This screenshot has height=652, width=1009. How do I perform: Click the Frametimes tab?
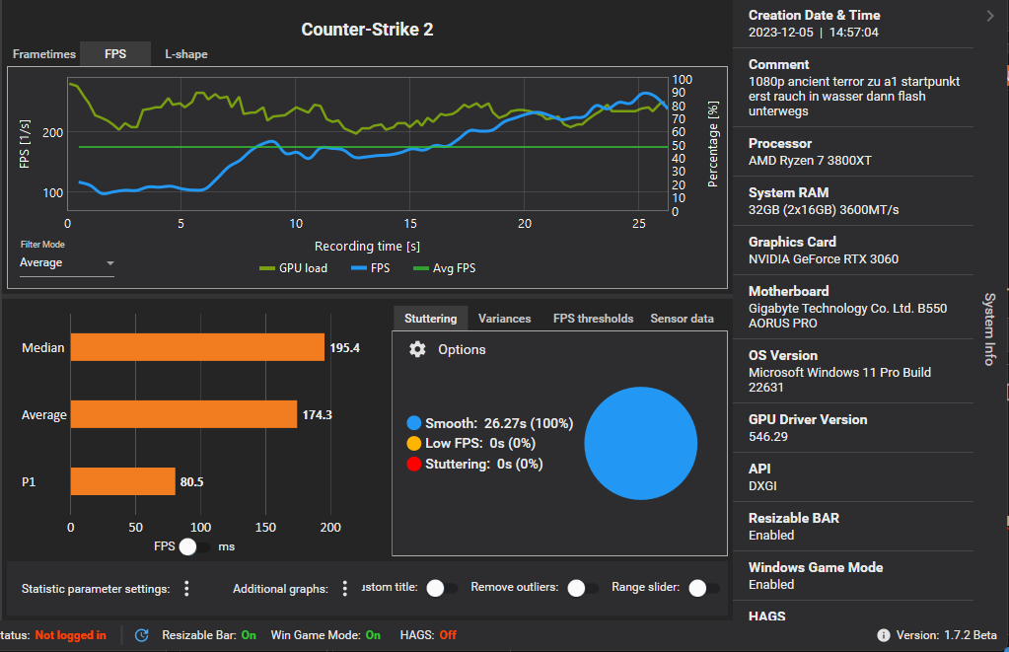point(44,54)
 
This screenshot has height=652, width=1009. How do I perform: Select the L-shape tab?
point(185,54)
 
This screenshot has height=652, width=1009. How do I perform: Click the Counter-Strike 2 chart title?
point(367,30)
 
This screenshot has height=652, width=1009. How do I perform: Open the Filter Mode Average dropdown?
point(67,263)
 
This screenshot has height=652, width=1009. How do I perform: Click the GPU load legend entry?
point(293,267)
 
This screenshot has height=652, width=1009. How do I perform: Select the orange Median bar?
point(197,347)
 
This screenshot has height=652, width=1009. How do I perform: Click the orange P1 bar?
point(122,481)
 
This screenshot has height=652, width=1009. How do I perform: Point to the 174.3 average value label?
point(317,414)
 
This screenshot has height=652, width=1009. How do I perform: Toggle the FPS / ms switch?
point(195,545)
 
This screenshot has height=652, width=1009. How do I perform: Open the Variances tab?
point(504,319)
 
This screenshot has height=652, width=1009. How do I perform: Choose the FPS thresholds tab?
point(593,319)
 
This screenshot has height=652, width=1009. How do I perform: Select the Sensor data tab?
point(682,319)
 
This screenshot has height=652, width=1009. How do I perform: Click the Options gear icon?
point(417,349)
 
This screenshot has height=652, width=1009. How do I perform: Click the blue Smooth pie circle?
point(648,443)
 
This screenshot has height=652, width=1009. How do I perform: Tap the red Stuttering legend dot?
point(414,464)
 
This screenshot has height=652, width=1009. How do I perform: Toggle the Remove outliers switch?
point(583,588)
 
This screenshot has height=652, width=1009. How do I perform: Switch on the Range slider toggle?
point(703,588)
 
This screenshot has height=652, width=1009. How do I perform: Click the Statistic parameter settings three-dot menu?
point(186,589)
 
